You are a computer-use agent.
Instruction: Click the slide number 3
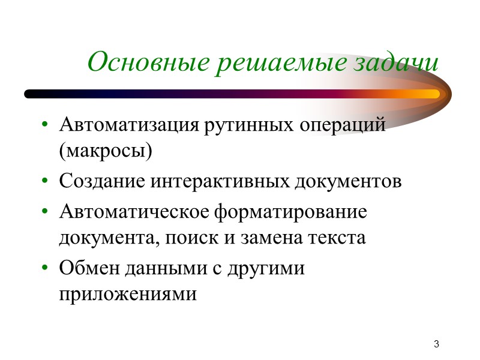437,344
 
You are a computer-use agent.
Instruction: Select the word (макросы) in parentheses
106,151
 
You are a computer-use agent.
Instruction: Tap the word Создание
102,181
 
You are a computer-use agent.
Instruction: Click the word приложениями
128,294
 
